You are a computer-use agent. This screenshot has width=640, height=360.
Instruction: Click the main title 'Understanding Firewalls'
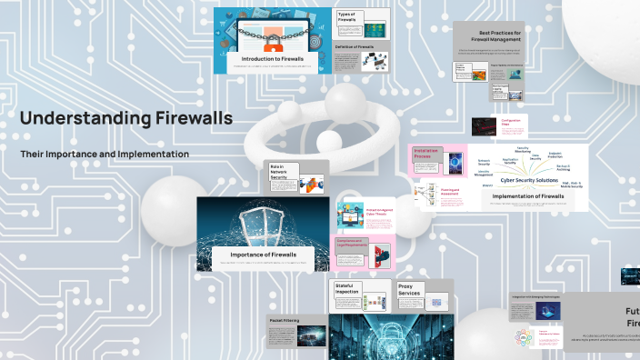[x=125, y=118]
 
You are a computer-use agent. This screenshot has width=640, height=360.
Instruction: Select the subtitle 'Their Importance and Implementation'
[x=105, y=154]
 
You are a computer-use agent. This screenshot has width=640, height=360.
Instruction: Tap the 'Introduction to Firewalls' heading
[x=267, y=57]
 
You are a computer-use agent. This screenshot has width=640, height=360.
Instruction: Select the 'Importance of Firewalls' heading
[x=255, y=255]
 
